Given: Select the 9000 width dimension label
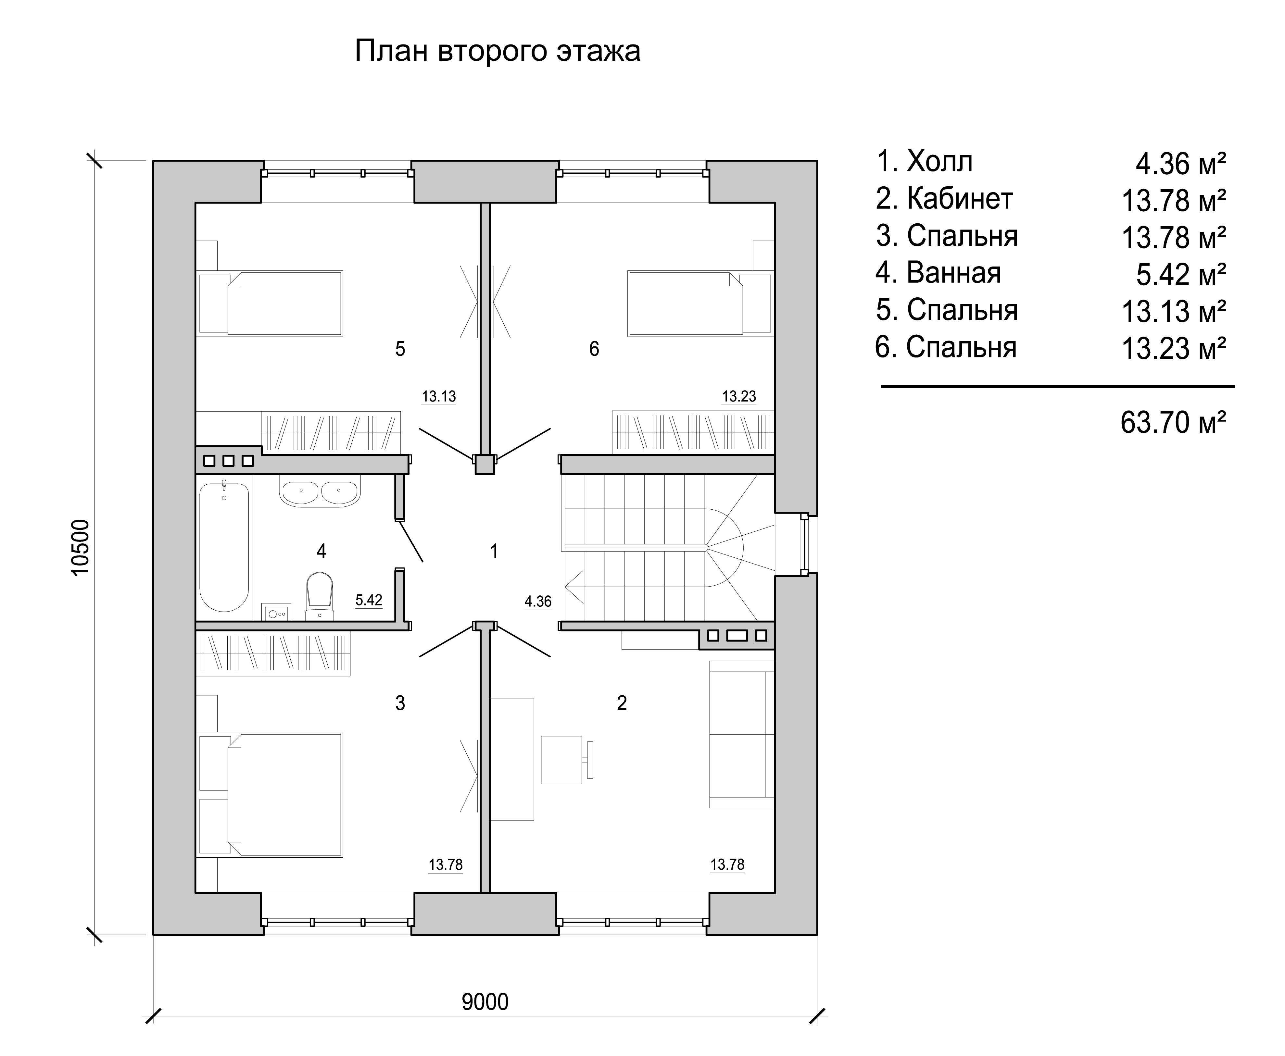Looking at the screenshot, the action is click(x=485, y=1001).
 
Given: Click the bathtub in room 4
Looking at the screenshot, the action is click(x=224, y=546).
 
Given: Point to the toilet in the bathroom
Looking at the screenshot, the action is click(x=320, y=596).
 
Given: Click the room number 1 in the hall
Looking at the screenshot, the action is click(x=494, y=551).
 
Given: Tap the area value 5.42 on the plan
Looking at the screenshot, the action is click(x=369, y=600).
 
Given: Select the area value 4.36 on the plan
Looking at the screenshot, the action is click(x=538, y=602).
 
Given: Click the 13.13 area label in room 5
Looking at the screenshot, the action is click(x=439, y=397).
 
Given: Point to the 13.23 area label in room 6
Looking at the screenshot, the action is click(x=739, y=397).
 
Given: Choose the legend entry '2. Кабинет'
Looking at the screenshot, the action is click(x=944, y=199).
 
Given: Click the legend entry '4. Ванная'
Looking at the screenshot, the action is click(x=938, y=273).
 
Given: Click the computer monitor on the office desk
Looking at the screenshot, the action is click(x=588, y=759).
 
